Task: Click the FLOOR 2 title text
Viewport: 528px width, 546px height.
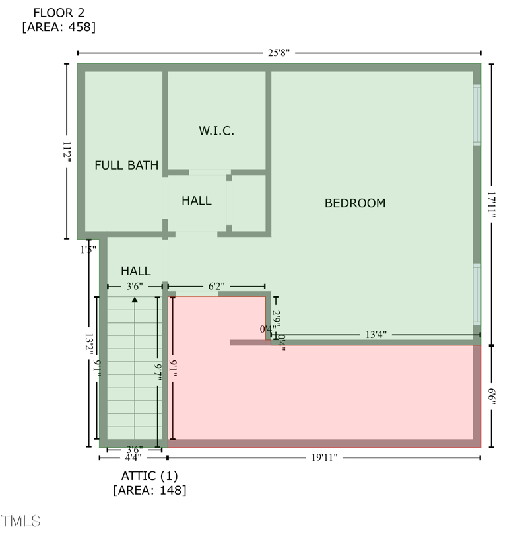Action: click(x=59, y=13)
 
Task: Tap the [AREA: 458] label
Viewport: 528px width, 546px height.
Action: click(x=59, y=27)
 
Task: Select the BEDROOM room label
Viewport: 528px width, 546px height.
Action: click(x=355, y=203)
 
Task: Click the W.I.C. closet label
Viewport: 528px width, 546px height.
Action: click(x=216, y=131)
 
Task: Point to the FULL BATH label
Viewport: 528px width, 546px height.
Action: click(x=127, y=165)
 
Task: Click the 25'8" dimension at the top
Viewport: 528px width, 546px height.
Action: click(x=279, y=53)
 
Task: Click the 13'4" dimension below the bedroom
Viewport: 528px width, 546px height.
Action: click(x=376, y=335)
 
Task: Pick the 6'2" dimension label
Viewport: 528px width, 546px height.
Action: click(x=216, y=286)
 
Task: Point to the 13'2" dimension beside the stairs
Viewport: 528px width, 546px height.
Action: click(x=88, y=347)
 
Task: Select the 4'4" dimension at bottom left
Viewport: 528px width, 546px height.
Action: click(x=133, y=457)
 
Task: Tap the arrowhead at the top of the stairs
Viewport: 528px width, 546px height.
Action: click(x=135, y=300)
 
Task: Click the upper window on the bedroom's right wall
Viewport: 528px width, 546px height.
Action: click(x=477, y=114)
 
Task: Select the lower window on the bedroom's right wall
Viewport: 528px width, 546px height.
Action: click(x=477, y=294)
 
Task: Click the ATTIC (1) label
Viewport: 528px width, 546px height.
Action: click(x=149, y=475)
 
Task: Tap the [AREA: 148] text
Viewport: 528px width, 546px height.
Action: click(x=149, y=490)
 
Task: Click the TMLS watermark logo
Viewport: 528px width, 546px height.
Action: click(x=20, y=521)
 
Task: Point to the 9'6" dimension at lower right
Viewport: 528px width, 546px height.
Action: click(x=491, y=396)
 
